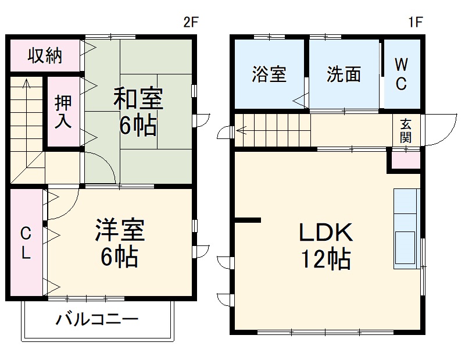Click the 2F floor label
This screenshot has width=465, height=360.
[191, 23]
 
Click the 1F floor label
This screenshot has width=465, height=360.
[414, 23]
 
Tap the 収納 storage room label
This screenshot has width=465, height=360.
[45, 56]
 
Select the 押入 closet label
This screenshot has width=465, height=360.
[63, 112]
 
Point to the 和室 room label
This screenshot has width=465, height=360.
[138, 99]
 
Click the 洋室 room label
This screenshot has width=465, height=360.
[120, 230]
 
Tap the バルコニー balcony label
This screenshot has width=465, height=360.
[97, 319]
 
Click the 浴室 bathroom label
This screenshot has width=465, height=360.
[269, 74]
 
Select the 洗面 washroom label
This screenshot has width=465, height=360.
[344, 74]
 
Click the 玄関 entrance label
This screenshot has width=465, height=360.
[405, 130]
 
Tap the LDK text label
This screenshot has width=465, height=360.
[325, 233]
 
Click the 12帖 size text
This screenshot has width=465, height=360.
[325, 259]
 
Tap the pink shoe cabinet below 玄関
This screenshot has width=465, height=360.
[405, 160]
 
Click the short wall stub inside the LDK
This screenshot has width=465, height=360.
[248, 219]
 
